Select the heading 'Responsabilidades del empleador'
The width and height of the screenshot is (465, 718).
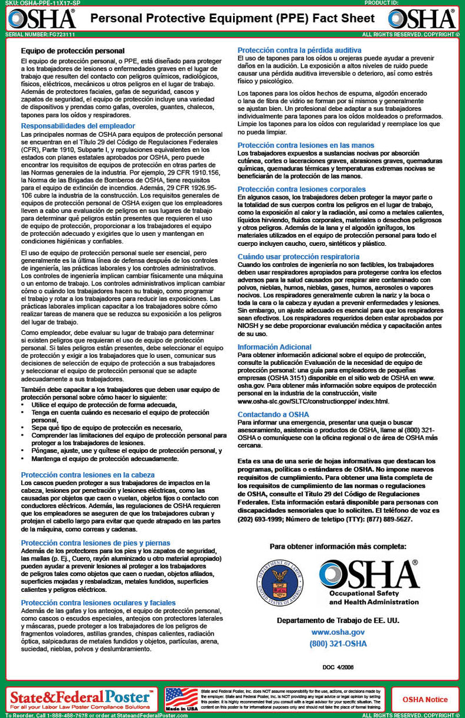click(x=78, y=126)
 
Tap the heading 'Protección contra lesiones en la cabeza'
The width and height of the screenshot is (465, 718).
click(x=88, y=475)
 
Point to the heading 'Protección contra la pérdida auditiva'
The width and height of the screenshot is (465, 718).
click(x=299, y=51)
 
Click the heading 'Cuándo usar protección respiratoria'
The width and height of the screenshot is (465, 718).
click(x=299, y=256)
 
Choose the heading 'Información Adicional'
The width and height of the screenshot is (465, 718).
click(x=274, y=347)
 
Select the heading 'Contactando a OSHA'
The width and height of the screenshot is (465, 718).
click(x=273, y=414)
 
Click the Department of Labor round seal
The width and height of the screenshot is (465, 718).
click(x=281, y=581)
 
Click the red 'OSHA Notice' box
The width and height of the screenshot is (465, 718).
click(x=425, y=700)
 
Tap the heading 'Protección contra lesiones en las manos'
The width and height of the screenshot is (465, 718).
click(x=306, y=145)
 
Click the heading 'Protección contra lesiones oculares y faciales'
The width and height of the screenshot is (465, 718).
click(x=98, y=602)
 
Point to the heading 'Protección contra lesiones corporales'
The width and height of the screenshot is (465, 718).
click(x=302, y=189)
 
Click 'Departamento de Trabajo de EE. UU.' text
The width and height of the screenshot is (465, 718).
click(x=338, y=620)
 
